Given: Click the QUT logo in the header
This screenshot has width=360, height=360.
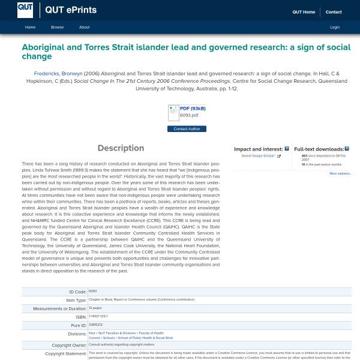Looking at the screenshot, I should click(25, 9).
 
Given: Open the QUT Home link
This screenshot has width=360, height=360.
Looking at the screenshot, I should click(304, 12).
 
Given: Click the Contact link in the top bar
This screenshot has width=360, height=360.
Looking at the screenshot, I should click(334, 12).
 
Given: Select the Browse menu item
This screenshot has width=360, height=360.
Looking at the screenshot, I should click(57, 27).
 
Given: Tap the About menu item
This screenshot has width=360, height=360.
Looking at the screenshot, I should click(84, 27).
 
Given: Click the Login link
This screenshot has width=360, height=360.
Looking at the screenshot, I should click(335, 27).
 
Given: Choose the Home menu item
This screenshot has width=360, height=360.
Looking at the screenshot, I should click(30, 27).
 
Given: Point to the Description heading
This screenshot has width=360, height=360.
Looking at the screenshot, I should click(121, 148).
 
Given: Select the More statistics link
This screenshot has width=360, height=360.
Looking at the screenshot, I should click(340, 173).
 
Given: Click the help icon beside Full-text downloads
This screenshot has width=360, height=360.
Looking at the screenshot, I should click(347, 148).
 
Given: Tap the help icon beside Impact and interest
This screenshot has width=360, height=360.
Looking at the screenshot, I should click(287, 148).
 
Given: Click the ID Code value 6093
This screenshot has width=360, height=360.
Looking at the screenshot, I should click(92, 291).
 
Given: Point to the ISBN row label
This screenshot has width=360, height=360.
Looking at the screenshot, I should click(81, 317).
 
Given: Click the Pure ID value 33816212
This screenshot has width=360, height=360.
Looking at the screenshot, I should click(95, 325).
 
